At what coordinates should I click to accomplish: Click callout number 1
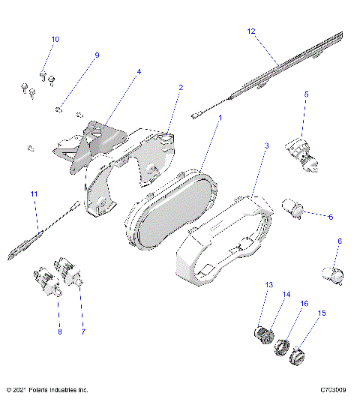(x=220, y=118)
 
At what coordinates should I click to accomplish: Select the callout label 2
(x=181, y=87)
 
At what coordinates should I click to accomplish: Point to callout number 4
(x=138, y=72)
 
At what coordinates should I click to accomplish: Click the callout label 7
(x=82, y=331)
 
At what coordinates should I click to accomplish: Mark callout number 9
(x=97, y=55)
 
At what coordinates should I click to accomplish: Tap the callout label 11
(x=34, y=194)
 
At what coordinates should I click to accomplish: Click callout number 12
(x=251, y=31)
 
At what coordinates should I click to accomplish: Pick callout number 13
(x=268, y=285)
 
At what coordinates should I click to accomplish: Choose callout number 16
(x=304, y=303)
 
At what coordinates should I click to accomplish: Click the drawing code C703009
(x=332, y=390)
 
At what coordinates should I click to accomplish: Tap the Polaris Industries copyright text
(x=46, y=390)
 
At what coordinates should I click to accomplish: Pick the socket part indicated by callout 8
(x=46, y=281)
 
